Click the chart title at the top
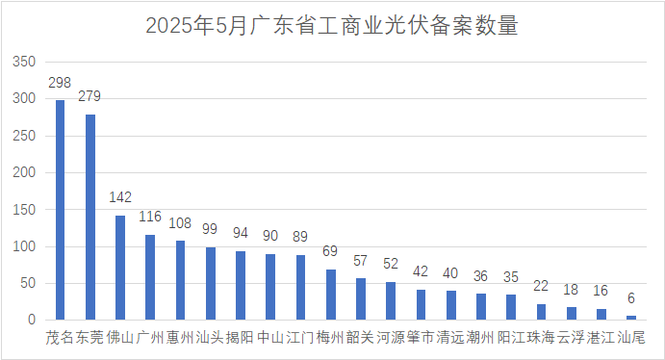(x=332, y=26)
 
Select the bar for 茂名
(x=61, y=210)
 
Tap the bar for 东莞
(x=90, y=217)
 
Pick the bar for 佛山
(x=120, y=268)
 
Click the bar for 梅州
(x=331, y=295)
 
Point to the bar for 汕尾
(x=631, y=318)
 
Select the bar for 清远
(x=451, y=305)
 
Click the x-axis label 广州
(x=150, y=338)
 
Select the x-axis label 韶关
(x=361, y=338)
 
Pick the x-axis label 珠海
(x=541, y=338)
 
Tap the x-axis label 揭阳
(x=241, y=338)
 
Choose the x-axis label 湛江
(x=601, y=338)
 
